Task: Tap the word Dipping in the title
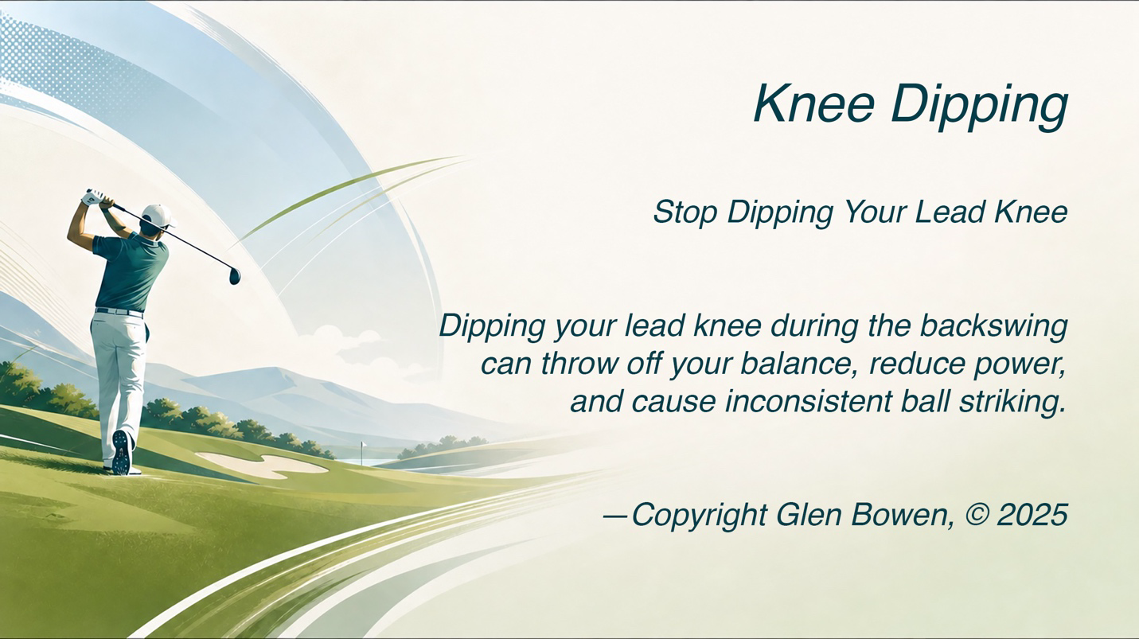(979, 107)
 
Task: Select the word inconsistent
(808, 402)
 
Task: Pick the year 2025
(1032, 515)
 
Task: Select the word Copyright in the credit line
(699, 516)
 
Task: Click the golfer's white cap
(157, 216)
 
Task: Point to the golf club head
(235, 275)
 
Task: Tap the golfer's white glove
(93, 197)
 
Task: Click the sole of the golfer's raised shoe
(122, 452)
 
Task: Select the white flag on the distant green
(362, 446)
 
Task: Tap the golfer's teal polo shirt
(131, 272)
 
